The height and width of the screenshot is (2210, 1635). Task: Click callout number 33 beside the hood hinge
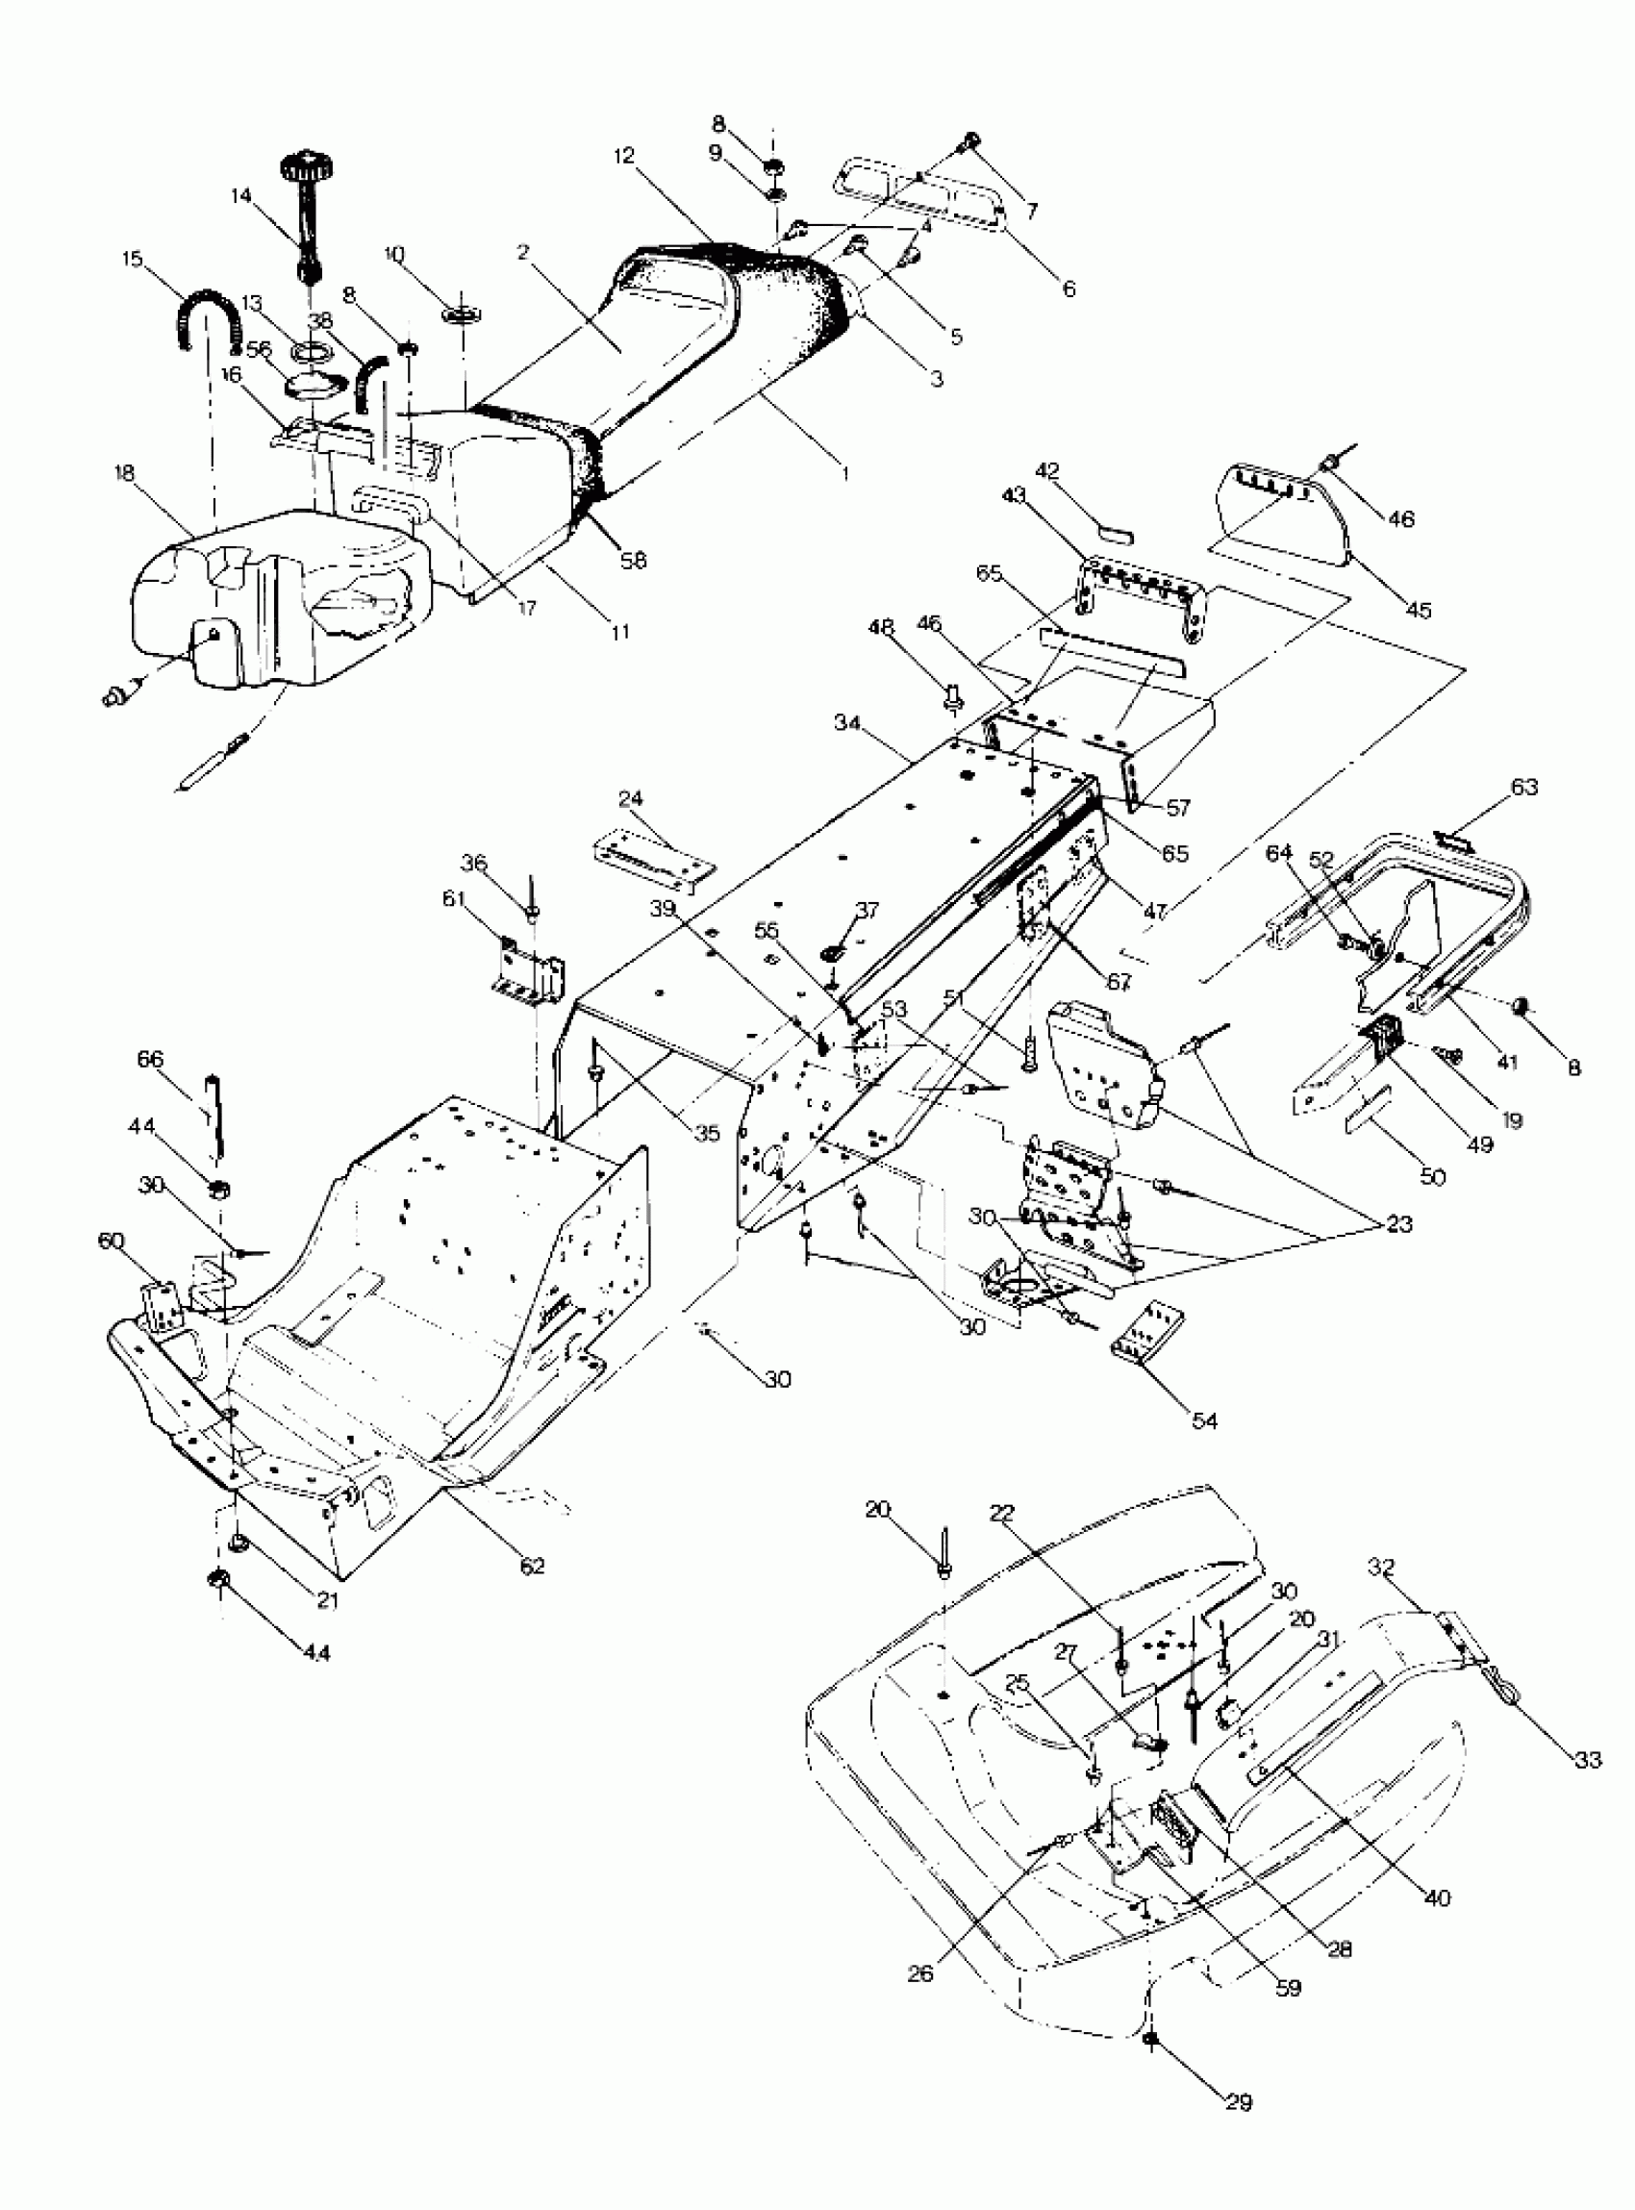click(1587, 1761)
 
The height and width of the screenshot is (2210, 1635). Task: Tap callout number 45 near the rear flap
click(1420, 611)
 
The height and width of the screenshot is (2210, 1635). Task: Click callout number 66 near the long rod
click(149, 1059)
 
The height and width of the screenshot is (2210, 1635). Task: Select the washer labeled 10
click(464, 315)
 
